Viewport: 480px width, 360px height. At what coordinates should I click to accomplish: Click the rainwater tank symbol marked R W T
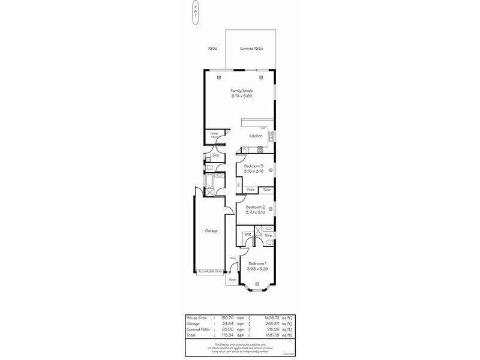(196, 13)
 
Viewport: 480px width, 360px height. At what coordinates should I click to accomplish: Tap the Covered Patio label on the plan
(251, 49)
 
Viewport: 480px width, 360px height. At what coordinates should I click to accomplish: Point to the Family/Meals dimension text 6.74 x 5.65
(242, 95)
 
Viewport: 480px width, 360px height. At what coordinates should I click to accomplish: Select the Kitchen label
(256, 136)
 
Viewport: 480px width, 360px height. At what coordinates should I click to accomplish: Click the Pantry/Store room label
(213, 136)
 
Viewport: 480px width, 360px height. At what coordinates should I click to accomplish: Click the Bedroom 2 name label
(255, 207)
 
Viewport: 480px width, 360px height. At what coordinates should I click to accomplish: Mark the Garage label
(211, 230)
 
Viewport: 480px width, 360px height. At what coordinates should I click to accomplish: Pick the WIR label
(247, 235)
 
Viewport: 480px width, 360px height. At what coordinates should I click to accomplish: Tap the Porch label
(232, 280)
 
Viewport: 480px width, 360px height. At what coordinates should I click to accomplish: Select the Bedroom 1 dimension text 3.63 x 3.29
(257, 268)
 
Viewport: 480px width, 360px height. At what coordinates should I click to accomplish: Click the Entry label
(233, 258)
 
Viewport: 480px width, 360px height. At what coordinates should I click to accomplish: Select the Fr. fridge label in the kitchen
(245, 149)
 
